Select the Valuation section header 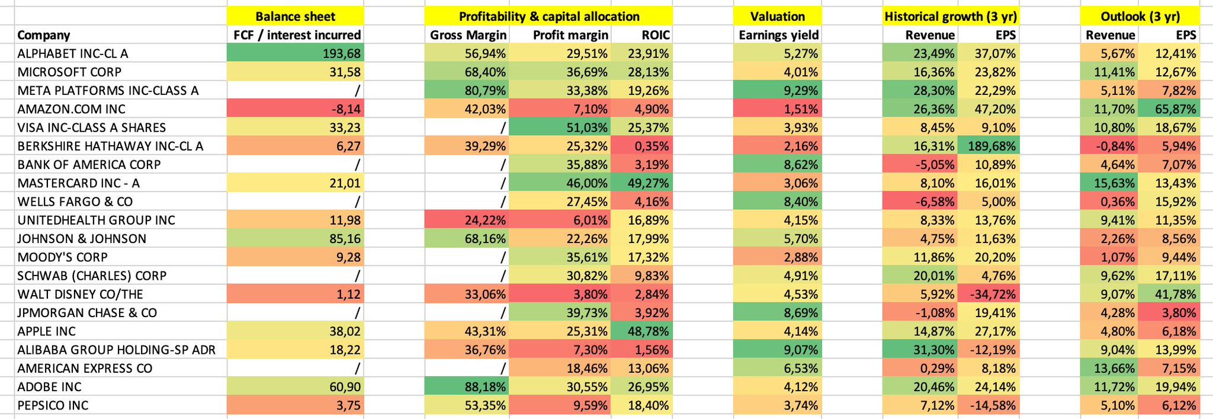point(777,17)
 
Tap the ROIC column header point(655,35)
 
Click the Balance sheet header point(295,17)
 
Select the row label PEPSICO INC point(53,405)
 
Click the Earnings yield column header point(778,35)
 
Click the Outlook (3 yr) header point(1140,17)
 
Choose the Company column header point(43,35)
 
